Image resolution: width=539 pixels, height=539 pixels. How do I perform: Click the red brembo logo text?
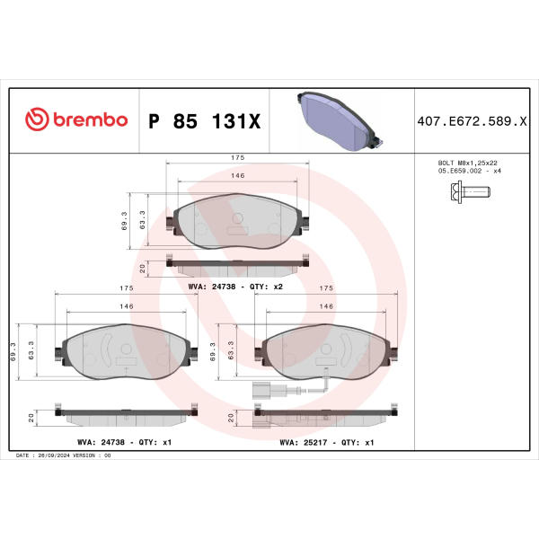click(x=91, y=120)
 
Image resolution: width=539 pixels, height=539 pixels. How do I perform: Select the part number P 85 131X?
click(x=205, y=121)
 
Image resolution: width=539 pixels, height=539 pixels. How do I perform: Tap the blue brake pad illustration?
click(x=340, y=121)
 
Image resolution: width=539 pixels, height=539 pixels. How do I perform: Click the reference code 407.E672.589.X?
click(x=472, y=121)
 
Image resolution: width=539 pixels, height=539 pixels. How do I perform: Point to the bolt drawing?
click(x=470, y=192)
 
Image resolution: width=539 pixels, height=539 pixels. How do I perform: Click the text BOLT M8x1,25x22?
click(x=467, y=163)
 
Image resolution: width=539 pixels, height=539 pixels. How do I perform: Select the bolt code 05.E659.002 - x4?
click(x=470, y=171)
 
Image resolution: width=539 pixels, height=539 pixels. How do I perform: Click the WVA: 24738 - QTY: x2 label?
click(x=235, y=287)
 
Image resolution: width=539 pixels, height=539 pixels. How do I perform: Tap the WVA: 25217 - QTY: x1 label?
click(x=327, y=442)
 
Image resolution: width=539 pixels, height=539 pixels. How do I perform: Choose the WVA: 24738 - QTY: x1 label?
click(x=125, y=442)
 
